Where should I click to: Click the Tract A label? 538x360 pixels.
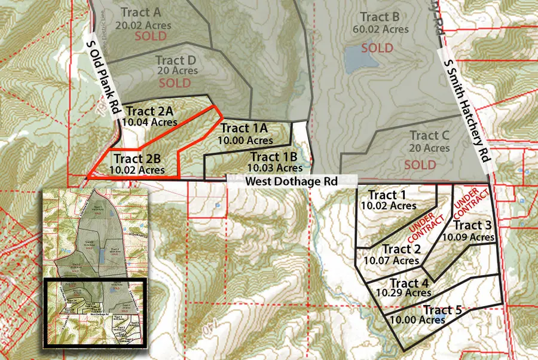140,12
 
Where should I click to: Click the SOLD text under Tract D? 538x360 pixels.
175,84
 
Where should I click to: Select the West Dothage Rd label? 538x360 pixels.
291,180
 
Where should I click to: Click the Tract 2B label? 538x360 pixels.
137,159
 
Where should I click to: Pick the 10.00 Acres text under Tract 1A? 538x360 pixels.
243,139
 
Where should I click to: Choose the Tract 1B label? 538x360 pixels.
275,157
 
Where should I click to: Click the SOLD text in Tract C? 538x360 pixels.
420,164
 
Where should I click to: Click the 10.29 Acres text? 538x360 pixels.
403,293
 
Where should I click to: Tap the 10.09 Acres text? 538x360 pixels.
468,237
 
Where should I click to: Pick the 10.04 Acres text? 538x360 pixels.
149,121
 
